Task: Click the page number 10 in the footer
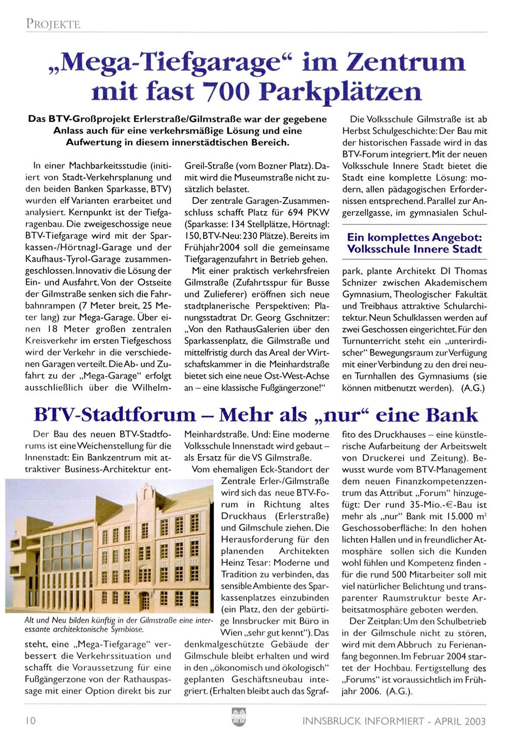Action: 30,721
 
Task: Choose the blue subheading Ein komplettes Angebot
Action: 414,237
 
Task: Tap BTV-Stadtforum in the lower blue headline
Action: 114,415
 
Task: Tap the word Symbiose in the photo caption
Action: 128,629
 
